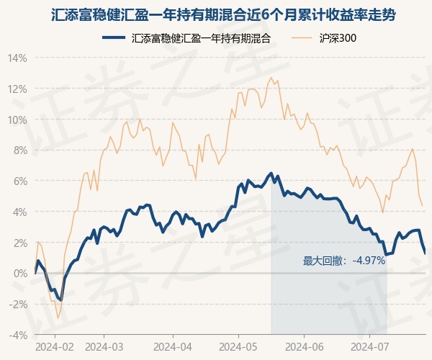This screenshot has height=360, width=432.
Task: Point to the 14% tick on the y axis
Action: pyautogui.click(x=17, y=58)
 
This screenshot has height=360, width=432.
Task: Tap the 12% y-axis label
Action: pyautogui.click(x=17, y=89)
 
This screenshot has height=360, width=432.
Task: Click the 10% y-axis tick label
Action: pyautogui.click(x=17, y=120)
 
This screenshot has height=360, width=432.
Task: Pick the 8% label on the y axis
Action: pyautogui.click(x=20, y=150)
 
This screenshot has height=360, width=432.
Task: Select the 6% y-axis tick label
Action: pyautogui.click(x=20, y=181)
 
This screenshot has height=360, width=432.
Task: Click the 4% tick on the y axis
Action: pyautogui.click(x=20, y=212)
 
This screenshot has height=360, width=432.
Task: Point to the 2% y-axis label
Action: pyautogui.click(x=20, y=243)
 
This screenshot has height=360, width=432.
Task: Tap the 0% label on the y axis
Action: pyautogui.click(x=20, y=273)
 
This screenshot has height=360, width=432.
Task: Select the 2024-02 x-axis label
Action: pyautogui.click(x=55, y=346)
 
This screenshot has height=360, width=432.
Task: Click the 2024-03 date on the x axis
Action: pyautogui.click(x=104, y=346)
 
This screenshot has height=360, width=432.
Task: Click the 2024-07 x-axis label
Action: pyautogui.click(x=370, y=346)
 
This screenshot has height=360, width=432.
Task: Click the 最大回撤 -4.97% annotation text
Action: pyautogui.click(x=344, y=261)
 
